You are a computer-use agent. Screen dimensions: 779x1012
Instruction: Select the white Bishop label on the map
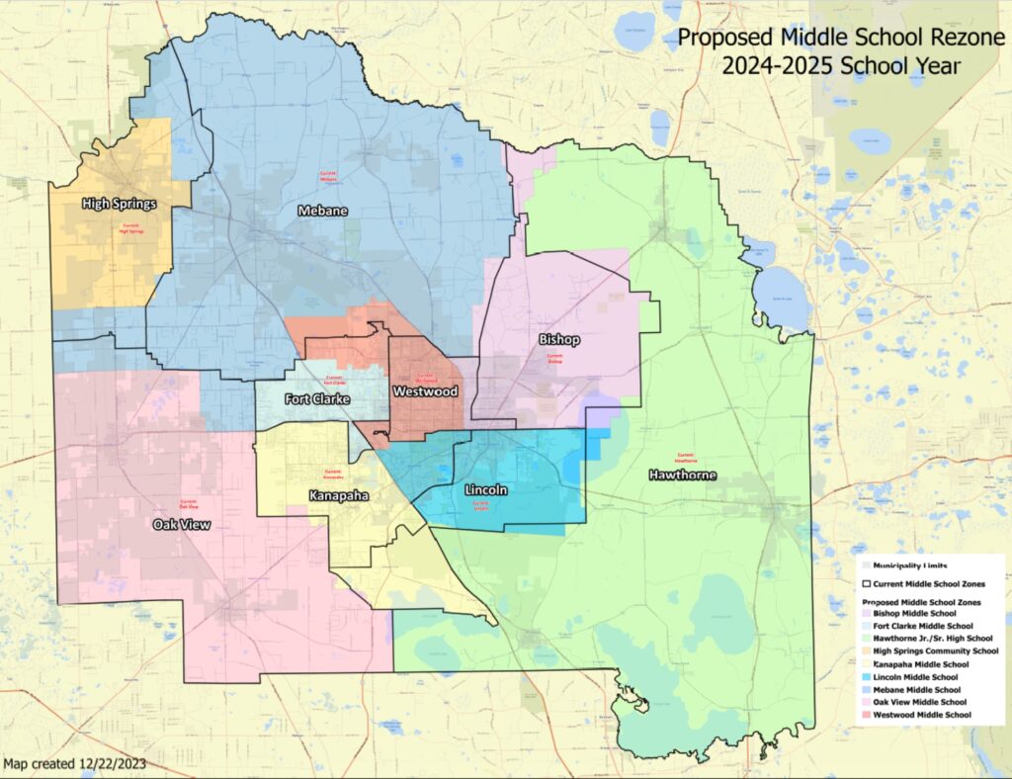559,339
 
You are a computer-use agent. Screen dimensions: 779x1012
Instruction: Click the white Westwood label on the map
426,391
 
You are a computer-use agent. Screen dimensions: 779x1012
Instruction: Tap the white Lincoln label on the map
485,489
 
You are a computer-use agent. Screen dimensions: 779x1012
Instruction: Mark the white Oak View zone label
182,524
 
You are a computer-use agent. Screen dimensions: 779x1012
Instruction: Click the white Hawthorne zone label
682,476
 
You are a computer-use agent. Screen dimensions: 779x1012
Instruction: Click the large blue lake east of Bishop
782,296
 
